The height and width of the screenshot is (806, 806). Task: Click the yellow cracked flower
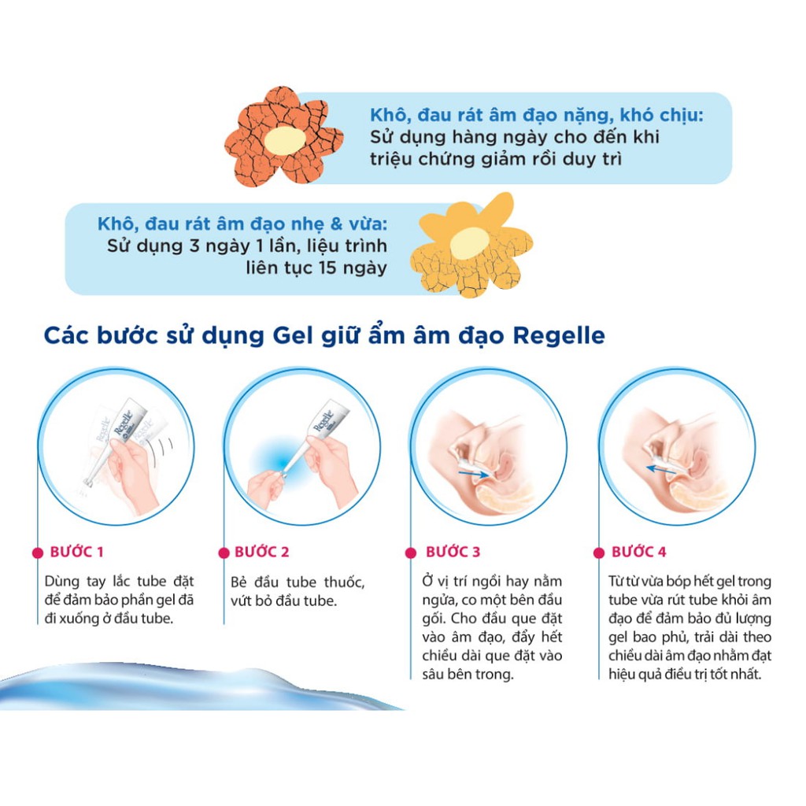click(x=471, y=244)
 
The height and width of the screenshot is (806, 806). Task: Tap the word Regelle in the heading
click(x=558, y=335)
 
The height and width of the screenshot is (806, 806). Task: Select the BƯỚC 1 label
click(x=76, y=552)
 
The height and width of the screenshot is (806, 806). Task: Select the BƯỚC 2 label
click(x=262, y=552)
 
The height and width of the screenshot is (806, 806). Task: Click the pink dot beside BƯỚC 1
click(x=37, y=553)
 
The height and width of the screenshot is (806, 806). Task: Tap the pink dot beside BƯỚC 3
click(x=410, y=553)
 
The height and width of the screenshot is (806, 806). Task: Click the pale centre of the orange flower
click(x=283, y=141)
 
